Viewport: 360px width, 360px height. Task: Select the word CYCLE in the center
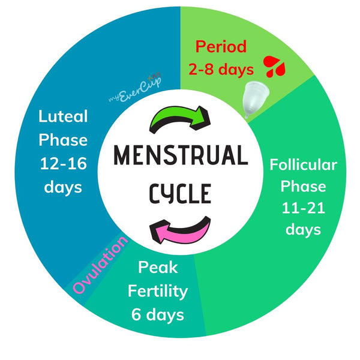tap(180, 193)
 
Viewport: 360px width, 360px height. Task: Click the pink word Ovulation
tap(101, 265)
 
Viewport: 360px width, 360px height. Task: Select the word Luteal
tap(63, 116)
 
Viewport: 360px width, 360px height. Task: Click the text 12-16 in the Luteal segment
tap(63, 163)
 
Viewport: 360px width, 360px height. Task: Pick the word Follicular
tap(303, 164)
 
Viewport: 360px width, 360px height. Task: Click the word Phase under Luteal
tap(63, 140)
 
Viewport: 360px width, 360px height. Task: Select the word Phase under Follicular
tap(303, 186)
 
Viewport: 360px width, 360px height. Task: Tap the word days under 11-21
tap(303, 229)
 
